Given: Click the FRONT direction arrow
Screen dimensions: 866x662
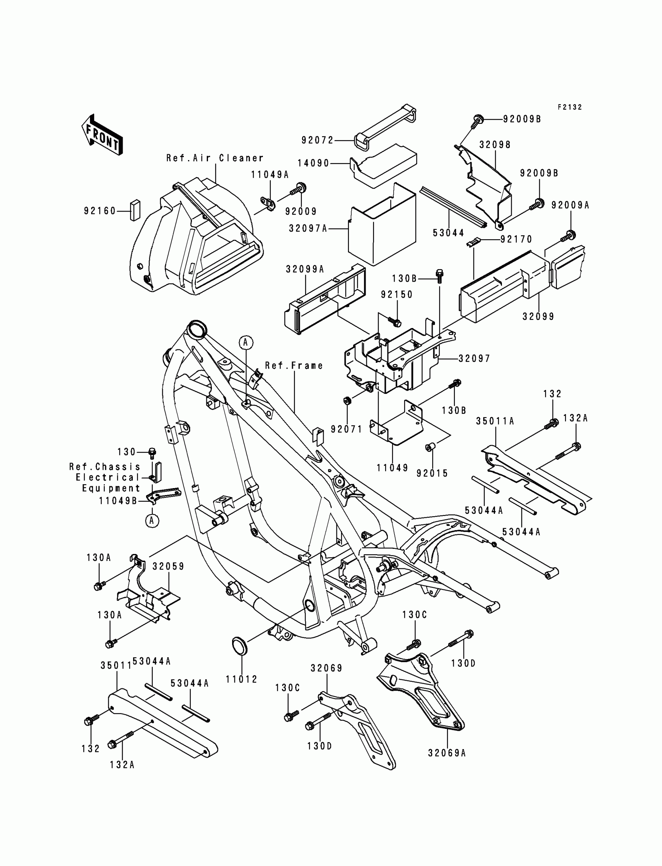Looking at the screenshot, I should point(102,135).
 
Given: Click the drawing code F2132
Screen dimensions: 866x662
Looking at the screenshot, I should point(569,107).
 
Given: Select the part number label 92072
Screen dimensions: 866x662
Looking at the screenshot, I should point(318,140).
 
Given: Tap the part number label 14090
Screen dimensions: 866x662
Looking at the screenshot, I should point(313,163).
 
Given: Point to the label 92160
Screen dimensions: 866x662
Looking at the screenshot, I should point(100,211).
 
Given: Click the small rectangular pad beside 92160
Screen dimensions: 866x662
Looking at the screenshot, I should point(135,210).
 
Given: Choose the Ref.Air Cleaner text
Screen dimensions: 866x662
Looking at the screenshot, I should point(215,158).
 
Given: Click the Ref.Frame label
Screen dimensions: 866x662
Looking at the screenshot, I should point(294,366).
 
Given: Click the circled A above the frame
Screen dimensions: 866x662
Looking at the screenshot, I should point(246,342).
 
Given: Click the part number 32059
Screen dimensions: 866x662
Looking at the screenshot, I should point(169,566).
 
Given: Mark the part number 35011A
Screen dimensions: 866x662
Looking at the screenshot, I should point(495,422).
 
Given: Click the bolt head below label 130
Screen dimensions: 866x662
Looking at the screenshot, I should point(152,453).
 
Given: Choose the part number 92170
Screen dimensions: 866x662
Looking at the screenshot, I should point(517,239).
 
